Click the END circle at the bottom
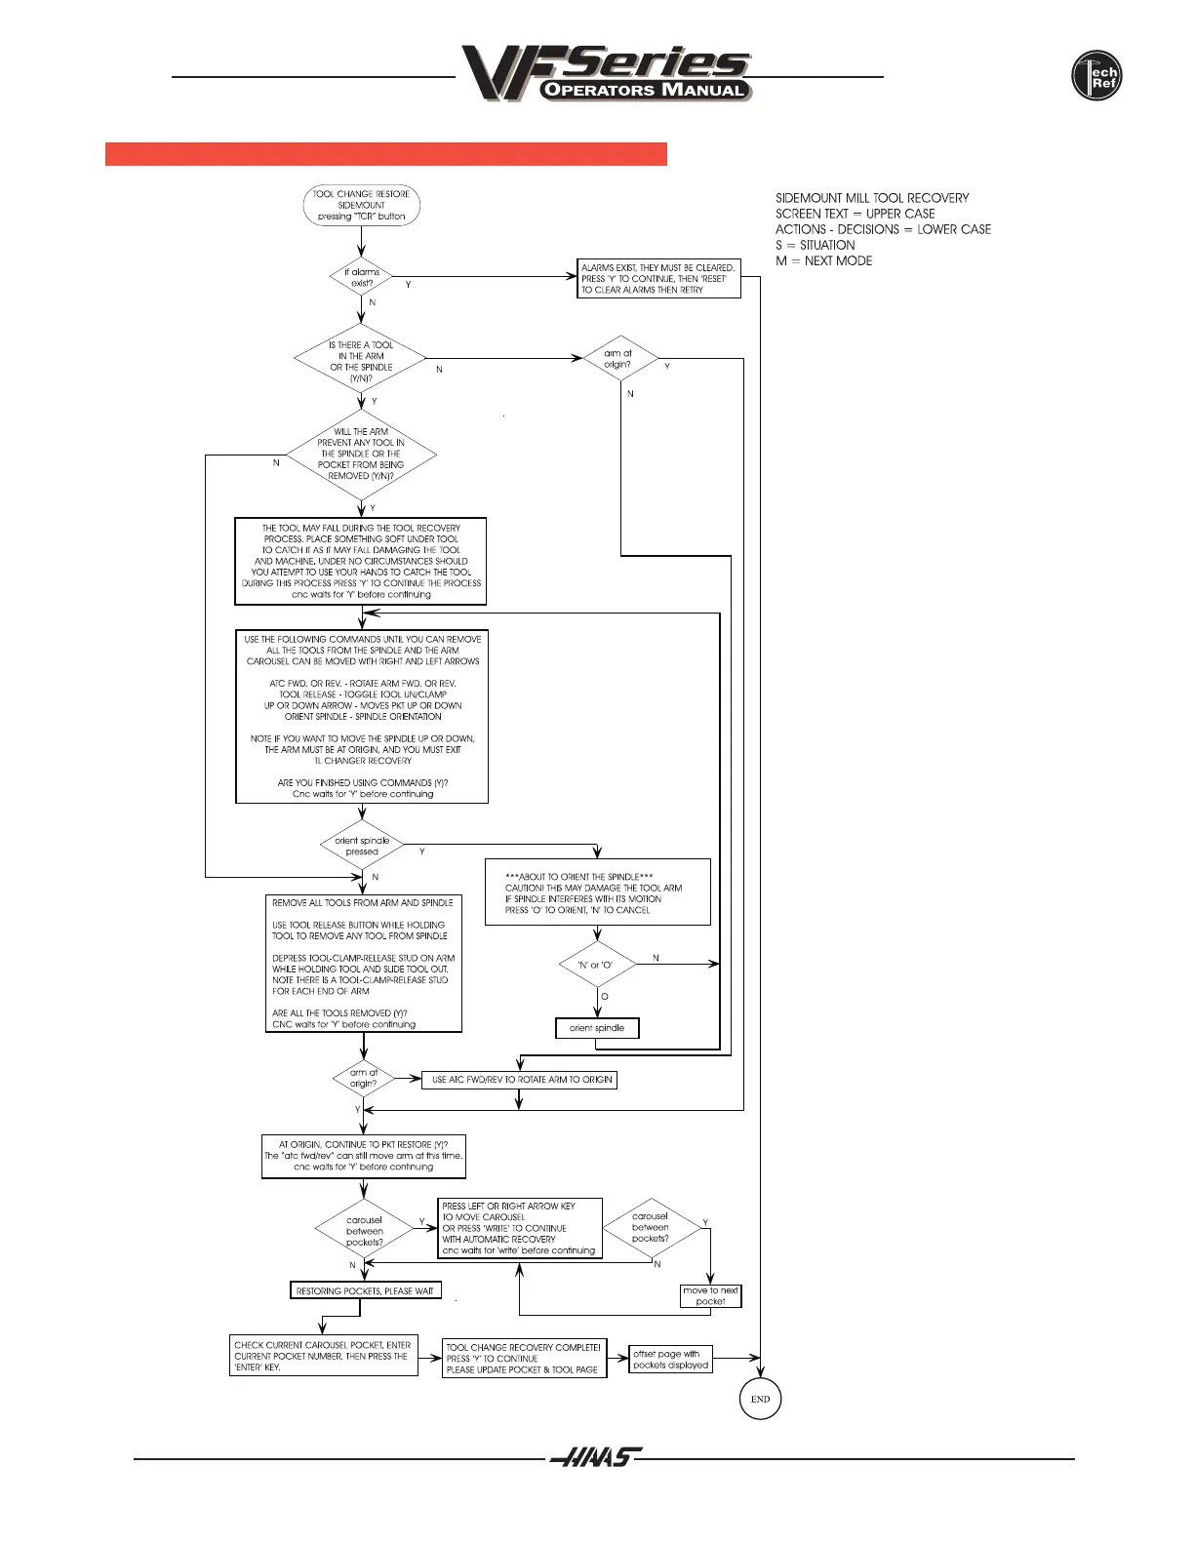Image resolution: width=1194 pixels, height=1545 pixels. click(760, 1398)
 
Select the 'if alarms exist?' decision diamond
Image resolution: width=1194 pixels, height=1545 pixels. click(361, 278)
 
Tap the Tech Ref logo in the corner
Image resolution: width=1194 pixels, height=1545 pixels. click(1096, 76)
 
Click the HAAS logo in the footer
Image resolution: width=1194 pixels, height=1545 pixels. click(595, 1458)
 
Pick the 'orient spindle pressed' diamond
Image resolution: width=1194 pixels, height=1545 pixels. click(362, 846)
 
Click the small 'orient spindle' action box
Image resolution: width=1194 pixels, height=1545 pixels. click(597, 1028)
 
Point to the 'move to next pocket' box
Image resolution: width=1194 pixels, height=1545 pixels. click(710, 1295)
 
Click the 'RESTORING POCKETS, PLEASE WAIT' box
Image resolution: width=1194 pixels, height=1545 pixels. click(365, 1290)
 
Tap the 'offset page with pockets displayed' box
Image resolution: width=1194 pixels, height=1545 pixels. click(671, 1359)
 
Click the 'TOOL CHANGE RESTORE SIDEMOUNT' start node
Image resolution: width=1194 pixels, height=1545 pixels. click(361, 205)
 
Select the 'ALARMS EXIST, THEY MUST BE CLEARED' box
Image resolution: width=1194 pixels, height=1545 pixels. click(658, 278)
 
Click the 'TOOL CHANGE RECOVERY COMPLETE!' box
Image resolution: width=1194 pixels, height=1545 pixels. click(524, 1358)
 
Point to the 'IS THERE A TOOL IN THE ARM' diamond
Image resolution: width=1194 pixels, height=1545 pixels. click(361, 361)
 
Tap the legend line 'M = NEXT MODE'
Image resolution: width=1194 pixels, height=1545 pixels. click(824, 260)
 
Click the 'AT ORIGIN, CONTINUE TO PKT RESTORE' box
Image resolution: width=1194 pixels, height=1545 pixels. click(363, 1156)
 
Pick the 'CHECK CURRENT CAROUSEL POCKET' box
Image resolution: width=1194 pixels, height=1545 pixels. click(323, 1356)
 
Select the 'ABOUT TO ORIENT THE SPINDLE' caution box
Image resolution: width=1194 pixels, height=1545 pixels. click(597, 892)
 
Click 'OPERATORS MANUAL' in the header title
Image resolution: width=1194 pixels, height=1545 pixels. click(646, 90)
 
